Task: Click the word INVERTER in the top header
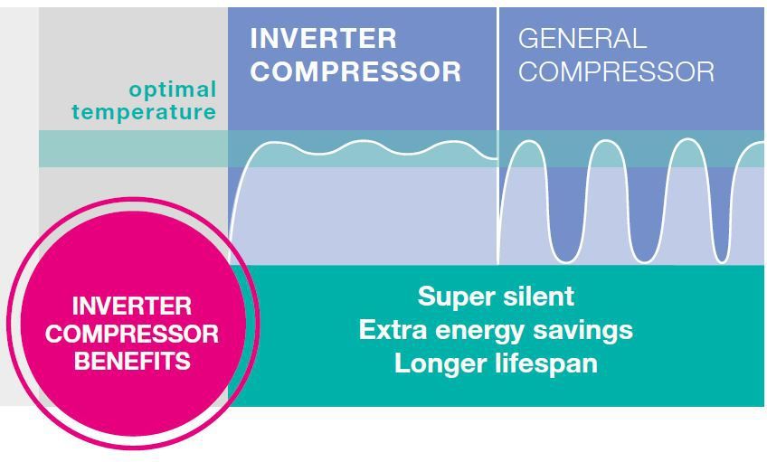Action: click(x=323, y=39)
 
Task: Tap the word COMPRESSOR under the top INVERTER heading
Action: click(x=355, y=71)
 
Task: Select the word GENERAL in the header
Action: click(x=582, y=39)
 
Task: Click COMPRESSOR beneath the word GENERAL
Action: click(x=616, y=71)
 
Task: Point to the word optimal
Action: click(x=173, y=90)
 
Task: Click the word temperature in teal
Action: click(x=145, y=112)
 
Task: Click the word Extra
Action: click(x=393, y=330)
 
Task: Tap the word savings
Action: click(x=587, y=331)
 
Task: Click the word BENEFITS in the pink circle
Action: click(x=132, y=362)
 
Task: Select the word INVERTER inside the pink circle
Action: click(x=132, y=306)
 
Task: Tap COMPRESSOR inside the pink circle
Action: click(x=132, y=334)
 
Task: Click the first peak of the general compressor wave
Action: click(x=527, y=143)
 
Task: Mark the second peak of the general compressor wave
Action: click(x=607, y=143)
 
